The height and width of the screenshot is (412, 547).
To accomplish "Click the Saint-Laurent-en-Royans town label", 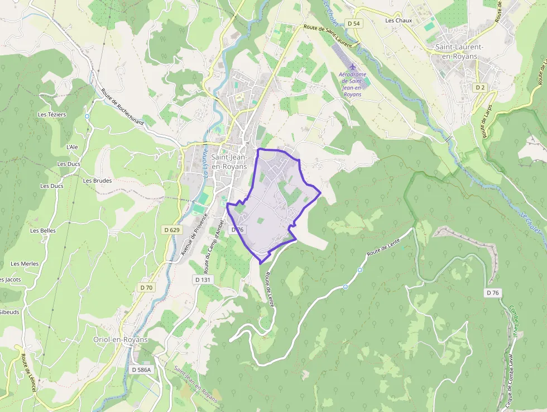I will [459, 51].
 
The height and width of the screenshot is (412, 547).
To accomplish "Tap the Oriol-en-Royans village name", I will [120, 340].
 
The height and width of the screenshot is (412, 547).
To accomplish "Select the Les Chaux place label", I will [399, 21].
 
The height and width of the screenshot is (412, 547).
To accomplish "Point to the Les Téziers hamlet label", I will [52, 115].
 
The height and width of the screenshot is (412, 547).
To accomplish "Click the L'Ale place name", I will [72, 147].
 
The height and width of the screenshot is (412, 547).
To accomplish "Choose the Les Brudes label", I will [97, 181].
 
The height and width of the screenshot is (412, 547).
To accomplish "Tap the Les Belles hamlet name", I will [43, 230].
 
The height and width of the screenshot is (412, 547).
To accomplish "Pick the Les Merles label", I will [25, 264].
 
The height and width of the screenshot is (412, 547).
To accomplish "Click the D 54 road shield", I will [353, 23].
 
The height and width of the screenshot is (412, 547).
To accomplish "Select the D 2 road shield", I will [480, 88].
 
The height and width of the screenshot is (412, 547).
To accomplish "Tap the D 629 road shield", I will [172, 230].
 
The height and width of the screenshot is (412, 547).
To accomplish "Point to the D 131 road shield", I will [203, 279].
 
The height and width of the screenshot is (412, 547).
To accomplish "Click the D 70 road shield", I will [146, 287].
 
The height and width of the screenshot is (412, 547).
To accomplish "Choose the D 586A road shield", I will [142, 370].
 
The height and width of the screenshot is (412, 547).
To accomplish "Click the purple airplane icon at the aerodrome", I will [352, 67].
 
